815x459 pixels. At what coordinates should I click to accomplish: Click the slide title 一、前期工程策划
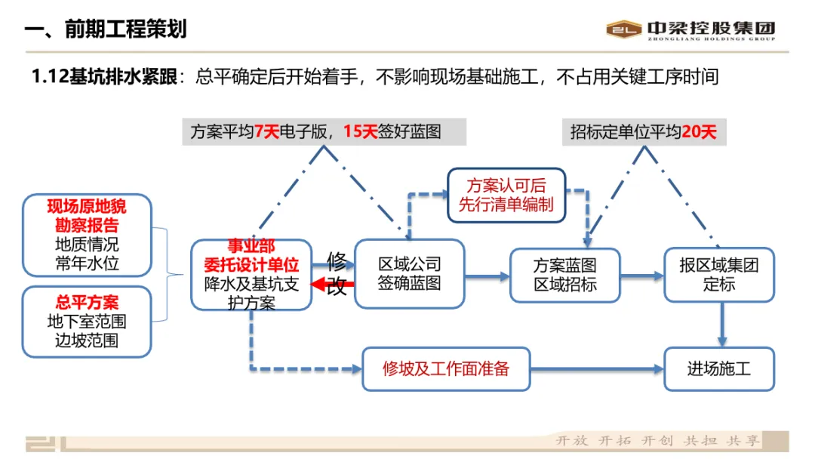106,29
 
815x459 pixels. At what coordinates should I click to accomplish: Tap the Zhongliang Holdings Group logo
690,29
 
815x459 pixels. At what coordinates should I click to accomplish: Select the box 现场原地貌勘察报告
87,235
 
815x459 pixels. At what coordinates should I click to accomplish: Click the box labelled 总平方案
87,321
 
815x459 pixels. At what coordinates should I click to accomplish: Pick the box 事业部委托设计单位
251,275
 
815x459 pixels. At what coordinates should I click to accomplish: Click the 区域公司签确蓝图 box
409,274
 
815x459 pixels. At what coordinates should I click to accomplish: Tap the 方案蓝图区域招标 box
564,276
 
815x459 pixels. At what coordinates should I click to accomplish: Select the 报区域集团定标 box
718,275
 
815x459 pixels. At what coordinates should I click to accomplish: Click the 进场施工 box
718,369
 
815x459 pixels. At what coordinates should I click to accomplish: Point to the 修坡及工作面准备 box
445,369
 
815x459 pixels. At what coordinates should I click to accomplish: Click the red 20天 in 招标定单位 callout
699,132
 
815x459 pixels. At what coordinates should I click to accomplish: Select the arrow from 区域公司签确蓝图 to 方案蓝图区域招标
487,276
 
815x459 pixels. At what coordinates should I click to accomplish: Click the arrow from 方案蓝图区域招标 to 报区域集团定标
641,276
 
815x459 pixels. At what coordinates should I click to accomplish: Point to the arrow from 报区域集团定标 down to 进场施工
722,324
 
